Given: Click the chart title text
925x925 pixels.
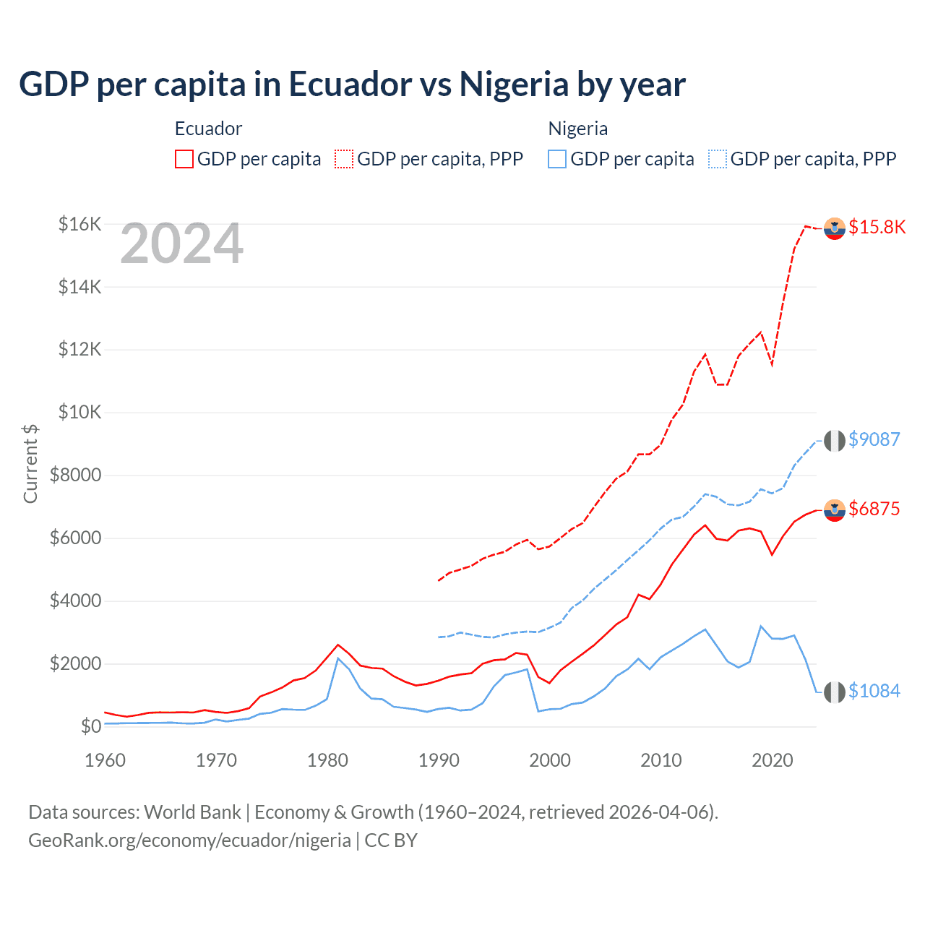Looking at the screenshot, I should pos(352,85).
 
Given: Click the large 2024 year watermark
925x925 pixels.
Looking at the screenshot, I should pos(181,244).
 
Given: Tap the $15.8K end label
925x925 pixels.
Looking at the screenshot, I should pos(877,227).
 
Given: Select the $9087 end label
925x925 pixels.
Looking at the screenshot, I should pos(874,439).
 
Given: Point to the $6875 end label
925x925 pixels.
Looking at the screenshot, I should pos(874,509).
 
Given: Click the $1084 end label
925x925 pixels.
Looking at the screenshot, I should pos(874,691).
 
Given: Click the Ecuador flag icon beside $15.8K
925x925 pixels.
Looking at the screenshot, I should pos(835,228).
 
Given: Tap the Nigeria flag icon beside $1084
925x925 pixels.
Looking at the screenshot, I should pos(835,692).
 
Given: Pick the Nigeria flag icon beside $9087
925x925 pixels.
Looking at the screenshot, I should pos(835,440).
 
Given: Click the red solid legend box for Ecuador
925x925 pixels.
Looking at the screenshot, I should pos(184,159).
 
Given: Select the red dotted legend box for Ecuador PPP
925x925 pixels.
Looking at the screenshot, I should pos(344,159).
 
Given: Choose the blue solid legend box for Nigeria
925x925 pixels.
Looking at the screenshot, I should pos(557,159).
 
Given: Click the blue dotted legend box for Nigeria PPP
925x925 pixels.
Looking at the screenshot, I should pos(718,159).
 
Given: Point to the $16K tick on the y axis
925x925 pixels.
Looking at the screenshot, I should pos(79,224).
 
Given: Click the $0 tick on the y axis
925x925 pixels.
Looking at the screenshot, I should pos(90,726).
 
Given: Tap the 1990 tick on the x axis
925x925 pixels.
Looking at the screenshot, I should pos(439,760).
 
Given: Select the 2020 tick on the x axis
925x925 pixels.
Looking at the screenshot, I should pos(773,760).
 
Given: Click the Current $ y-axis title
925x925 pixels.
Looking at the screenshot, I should pos(30,463).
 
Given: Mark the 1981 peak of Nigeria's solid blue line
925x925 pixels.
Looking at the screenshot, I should pos(338,658).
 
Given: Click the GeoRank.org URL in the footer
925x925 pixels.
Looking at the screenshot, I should pos(189,840).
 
